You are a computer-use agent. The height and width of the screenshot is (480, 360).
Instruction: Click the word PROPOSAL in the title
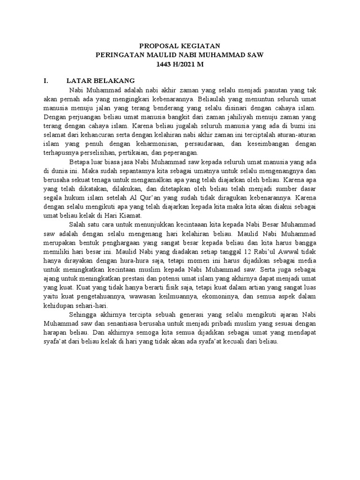pyautogui.click(x=157, y=45)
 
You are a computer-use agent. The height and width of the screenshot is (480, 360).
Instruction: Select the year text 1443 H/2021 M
pyautogui.click(x=180, y=64)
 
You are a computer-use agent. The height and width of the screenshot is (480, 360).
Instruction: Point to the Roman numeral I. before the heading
pyautogui.click(x=46, y=81)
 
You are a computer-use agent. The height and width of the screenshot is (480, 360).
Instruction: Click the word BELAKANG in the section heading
pyautogui.click(x=118, y=81)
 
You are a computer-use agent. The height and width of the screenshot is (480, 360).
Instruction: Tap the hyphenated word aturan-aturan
pyautogui.click(x=296, y=135)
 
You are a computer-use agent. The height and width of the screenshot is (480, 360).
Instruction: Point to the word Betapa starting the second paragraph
pyautogui.click(x=78, y=162)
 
